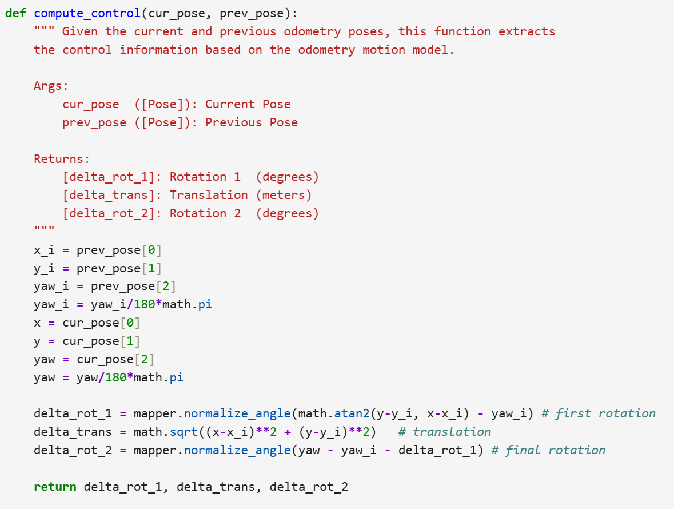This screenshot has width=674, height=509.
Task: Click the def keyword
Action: click(x=15, y=13)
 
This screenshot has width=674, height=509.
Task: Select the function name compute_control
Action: click(x=87, y=14)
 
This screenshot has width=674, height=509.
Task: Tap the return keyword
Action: click(x=55, y=487)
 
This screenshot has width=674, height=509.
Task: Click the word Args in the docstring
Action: click(x=47, y=86)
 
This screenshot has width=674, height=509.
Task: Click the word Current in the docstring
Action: click(x=230, y=105)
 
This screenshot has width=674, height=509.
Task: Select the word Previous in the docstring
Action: click(x=233, y=122)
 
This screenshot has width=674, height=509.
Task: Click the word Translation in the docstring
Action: click(x=209, y=195)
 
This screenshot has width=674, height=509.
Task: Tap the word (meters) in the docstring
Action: click(x=284, y=195)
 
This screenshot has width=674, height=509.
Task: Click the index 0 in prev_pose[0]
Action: click(x=151, y=250)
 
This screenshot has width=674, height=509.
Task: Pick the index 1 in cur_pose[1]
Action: click(x=130, y=341)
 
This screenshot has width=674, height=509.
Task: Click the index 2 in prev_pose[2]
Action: click(x=165, y=287)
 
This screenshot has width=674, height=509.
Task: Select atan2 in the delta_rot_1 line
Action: click(x=352, y=413)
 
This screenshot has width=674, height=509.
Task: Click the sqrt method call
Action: click(x=184, y=432)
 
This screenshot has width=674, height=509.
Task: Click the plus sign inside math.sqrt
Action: click(x=287, y=432)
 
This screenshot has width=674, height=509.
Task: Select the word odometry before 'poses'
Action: click(x=312, y=32)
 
